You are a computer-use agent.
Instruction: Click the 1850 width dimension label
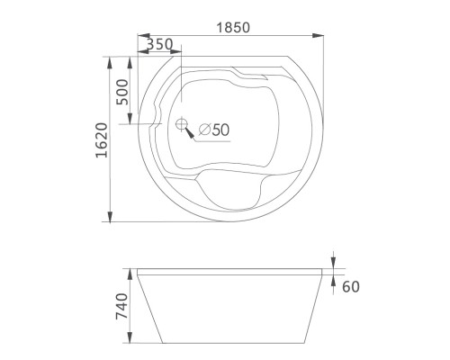233,28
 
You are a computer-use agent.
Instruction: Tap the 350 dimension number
159,44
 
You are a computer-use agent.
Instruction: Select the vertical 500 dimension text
122,92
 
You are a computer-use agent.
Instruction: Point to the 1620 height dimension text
102,140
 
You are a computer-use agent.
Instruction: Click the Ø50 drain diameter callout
214,130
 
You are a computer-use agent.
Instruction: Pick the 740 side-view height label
122,306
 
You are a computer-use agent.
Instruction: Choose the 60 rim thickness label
351,287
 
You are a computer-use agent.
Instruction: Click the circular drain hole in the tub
181,124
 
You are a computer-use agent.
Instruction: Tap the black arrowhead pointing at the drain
190,132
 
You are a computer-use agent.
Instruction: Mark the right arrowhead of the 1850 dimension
318,35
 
